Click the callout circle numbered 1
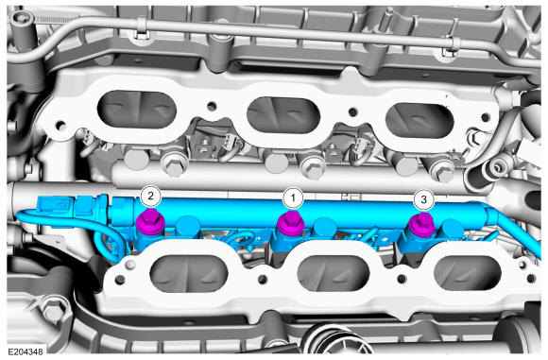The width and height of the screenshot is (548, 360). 293,198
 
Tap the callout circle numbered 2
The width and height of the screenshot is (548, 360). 150,197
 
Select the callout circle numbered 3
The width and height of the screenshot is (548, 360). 423,200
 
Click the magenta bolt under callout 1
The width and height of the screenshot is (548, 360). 290,224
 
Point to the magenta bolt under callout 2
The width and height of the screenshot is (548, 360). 150,222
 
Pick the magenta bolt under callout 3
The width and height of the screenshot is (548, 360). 421,225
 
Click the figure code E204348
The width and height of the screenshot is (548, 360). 26,351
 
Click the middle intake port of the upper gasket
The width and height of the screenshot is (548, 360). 283,114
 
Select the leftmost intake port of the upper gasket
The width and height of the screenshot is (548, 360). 137,110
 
